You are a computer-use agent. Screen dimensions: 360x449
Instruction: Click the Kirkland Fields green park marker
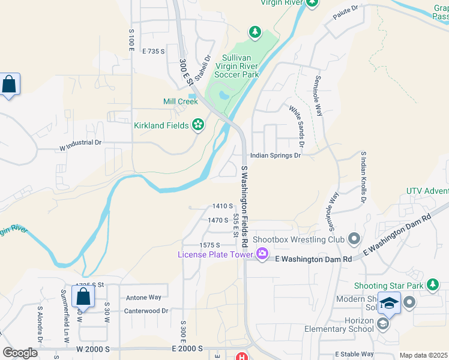coord(197,125)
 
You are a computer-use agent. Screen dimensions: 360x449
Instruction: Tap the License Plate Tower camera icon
coord(262,254)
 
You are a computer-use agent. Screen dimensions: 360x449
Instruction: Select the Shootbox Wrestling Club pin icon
coord(354,239)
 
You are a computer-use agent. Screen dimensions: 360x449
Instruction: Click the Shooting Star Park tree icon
coord(432,285)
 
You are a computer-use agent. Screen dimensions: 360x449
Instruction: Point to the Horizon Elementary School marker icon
coord(382,324)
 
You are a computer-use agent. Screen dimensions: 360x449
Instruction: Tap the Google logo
coord(20,353)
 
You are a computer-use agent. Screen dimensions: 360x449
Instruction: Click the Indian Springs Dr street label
coord(275,155)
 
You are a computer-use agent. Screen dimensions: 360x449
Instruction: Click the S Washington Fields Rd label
coord(244,207)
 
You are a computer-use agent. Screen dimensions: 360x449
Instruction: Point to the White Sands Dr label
coord(297,127)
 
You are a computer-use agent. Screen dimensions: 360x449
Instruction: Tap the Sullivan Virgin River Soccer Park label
coord(232,65)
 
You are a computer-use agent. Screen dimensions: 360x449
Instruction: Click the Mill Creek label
coord(180,101)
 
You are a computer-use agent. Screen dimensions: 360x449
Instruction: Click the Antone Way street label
coord(143,297)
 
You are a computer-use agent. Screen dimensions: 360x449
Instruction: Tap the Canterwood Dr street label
coord(147,311)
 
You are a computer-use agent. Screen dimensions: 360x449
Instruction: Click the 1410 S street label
coord(222,206)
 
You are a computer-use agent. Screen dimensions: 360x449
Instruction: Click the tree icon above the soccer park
coord(255,32)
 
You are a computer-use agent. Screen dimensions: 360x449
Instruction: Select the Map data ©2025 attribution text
coord(424,355)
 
